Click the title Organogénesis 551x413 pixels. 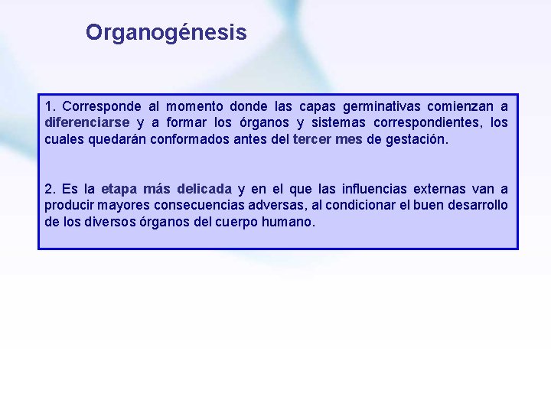pos(166,32)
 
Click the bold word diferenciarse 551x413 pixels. pos(86,122)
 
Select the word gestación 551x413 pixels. pos(417,139)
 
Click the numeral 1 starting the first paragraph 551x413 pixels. pos(48,106)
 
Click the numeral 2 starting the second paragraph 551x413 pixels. pos(48,189)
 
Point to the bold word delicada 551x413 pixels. pos(204,189)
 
